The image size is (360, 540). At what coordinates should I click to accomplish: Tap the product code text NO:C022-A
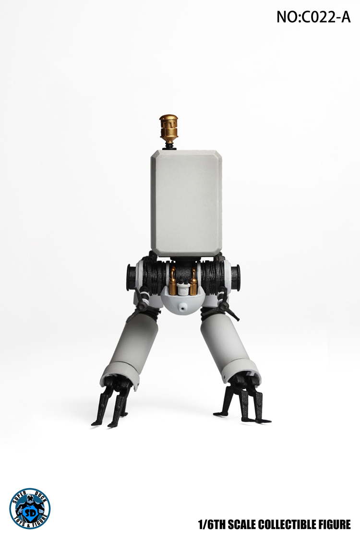313,17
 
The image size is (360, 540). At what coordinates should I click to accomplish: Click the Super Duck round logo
29,508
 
